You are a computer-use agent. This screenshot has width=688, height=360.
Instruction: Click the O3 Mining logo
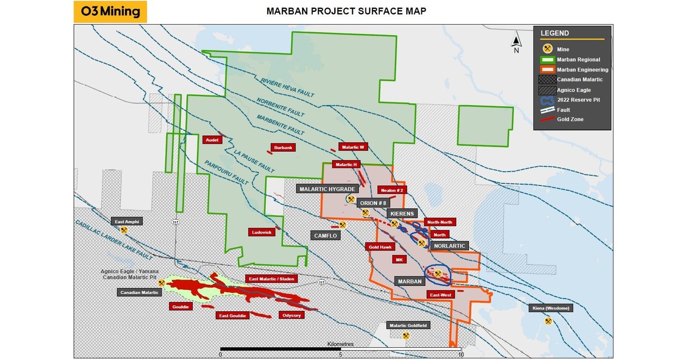click(x=110, y=11)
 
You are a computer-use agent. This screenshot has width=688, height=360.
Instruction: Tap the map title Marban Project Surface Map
click(x=346, y=11)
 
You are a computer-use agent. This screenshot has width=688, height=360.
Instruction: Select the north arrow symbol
click(x=516, y=42)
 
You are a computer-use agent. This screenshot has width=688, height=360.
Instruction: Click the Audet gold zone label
click(x=212, y=139)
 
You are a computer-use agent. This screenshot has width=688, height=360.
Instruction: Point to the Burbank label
click(x=282, y=148)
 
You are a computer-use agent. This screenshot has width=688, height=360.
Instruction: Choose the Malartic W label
click(x=354, y=148)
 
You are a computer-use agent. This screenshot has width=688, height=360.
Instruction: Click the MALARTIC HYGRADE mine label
click(x=327, y=189)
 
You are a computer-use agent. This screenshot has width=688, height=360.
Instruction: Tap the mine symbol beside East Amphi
click(x=125, y=230)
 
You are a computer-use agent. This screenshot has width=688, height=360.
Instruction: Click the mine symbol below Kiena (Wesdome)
click(x=548, y=321)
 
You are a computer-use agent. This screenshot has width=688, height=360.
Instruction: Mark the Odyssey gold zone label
click(x=291, y=315)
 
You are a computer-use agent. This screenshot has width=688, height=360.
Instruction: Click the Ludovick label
click(x=262, y=232)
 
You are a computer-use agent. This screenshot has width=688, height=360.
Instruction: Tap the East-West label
click(x=440, y=295)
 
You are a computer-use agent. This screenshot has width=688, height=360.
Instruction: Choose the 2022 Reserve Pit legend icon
click(x=547, y=99)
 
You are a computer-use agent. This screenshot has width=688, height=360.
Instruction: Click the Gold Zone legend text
click(x=570, y=119)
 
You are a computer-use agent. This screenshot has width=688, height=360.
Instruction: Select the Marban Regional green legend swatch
click(x=547, y=60)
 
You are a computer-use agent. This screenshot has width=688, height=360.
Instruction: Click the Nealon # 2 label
click(x=392, y=190)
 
